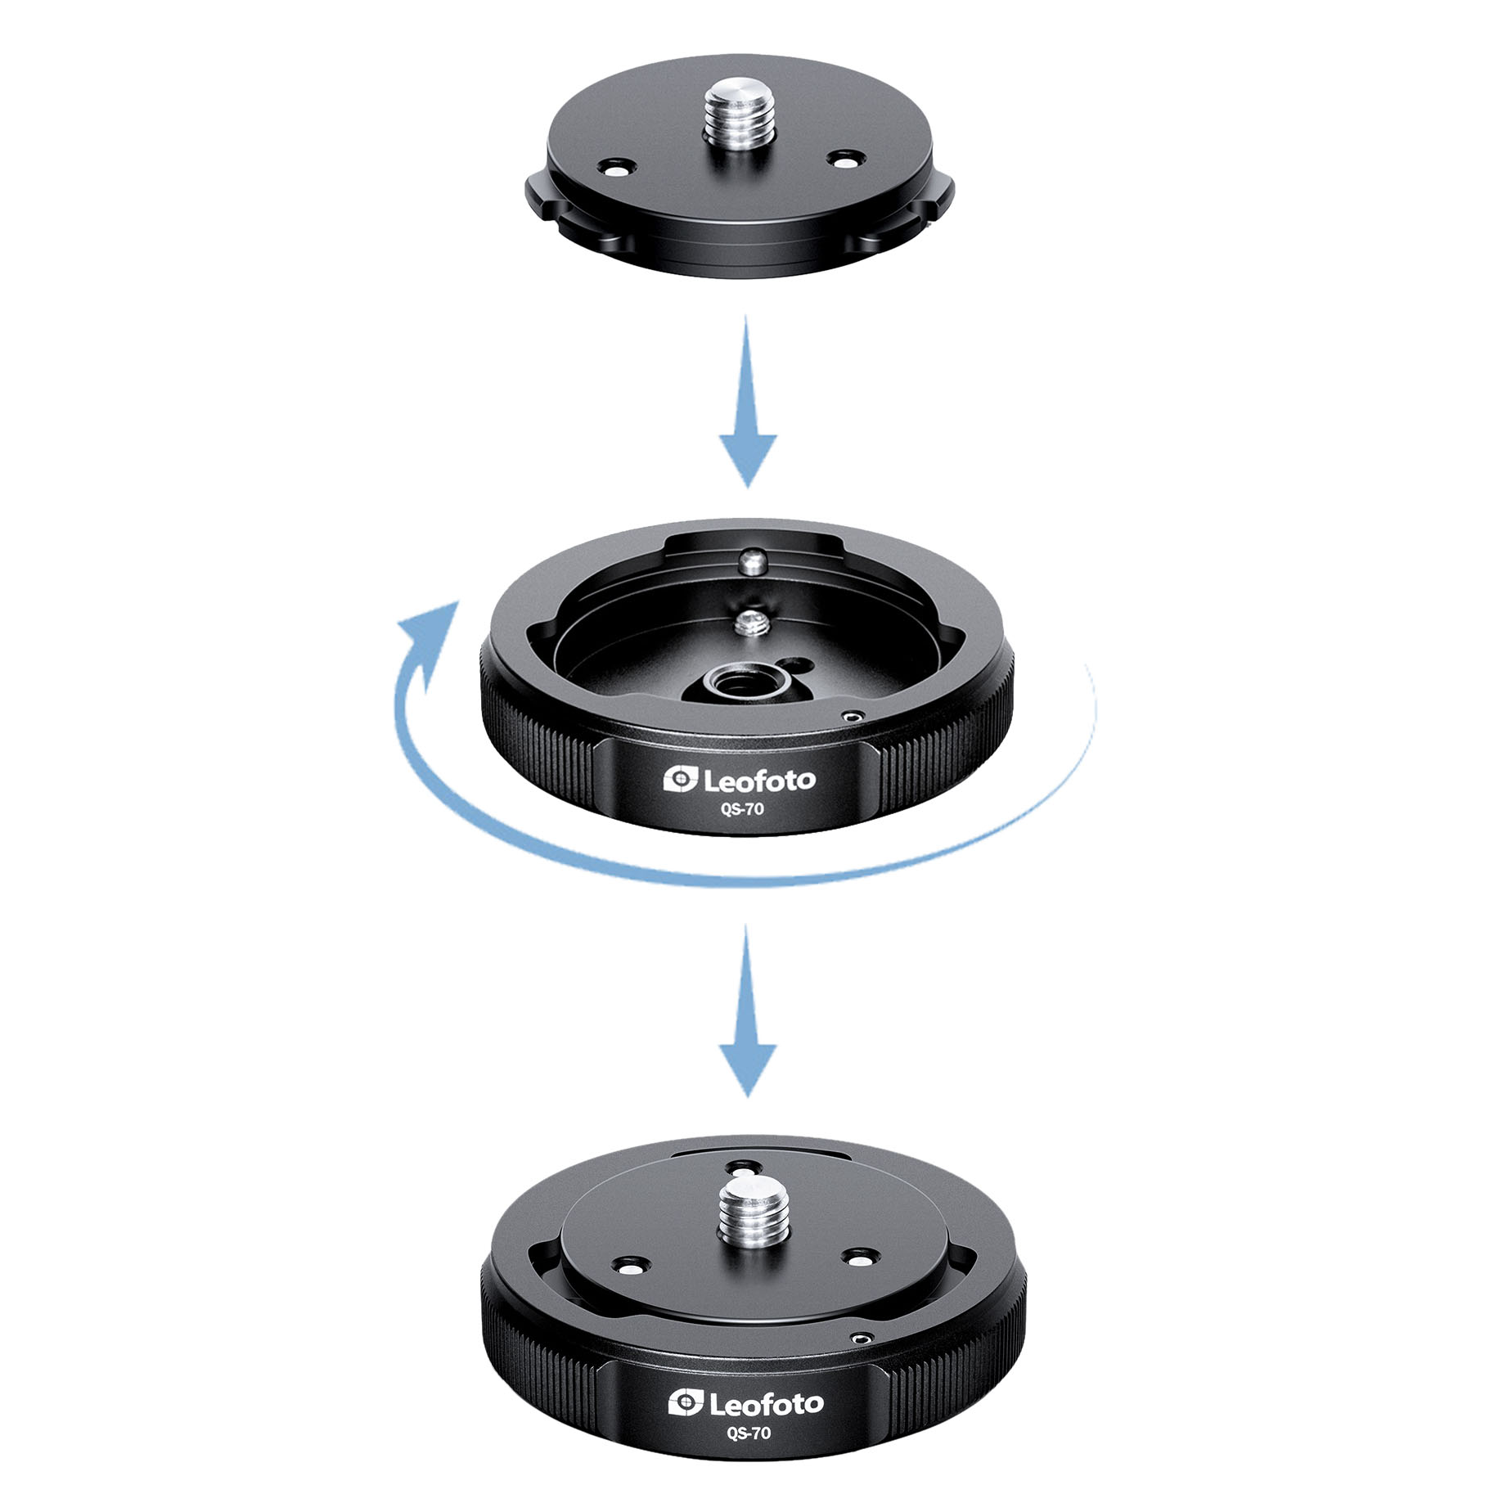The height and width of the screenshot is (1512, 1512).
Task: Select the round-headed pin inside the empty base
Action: (752, 561)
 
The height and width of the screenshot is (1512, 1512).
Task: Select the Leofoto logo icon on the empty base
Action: (680, 779)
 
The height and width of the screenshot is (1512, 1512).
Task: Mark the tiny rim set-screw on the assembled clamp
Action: (861, 1339)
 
